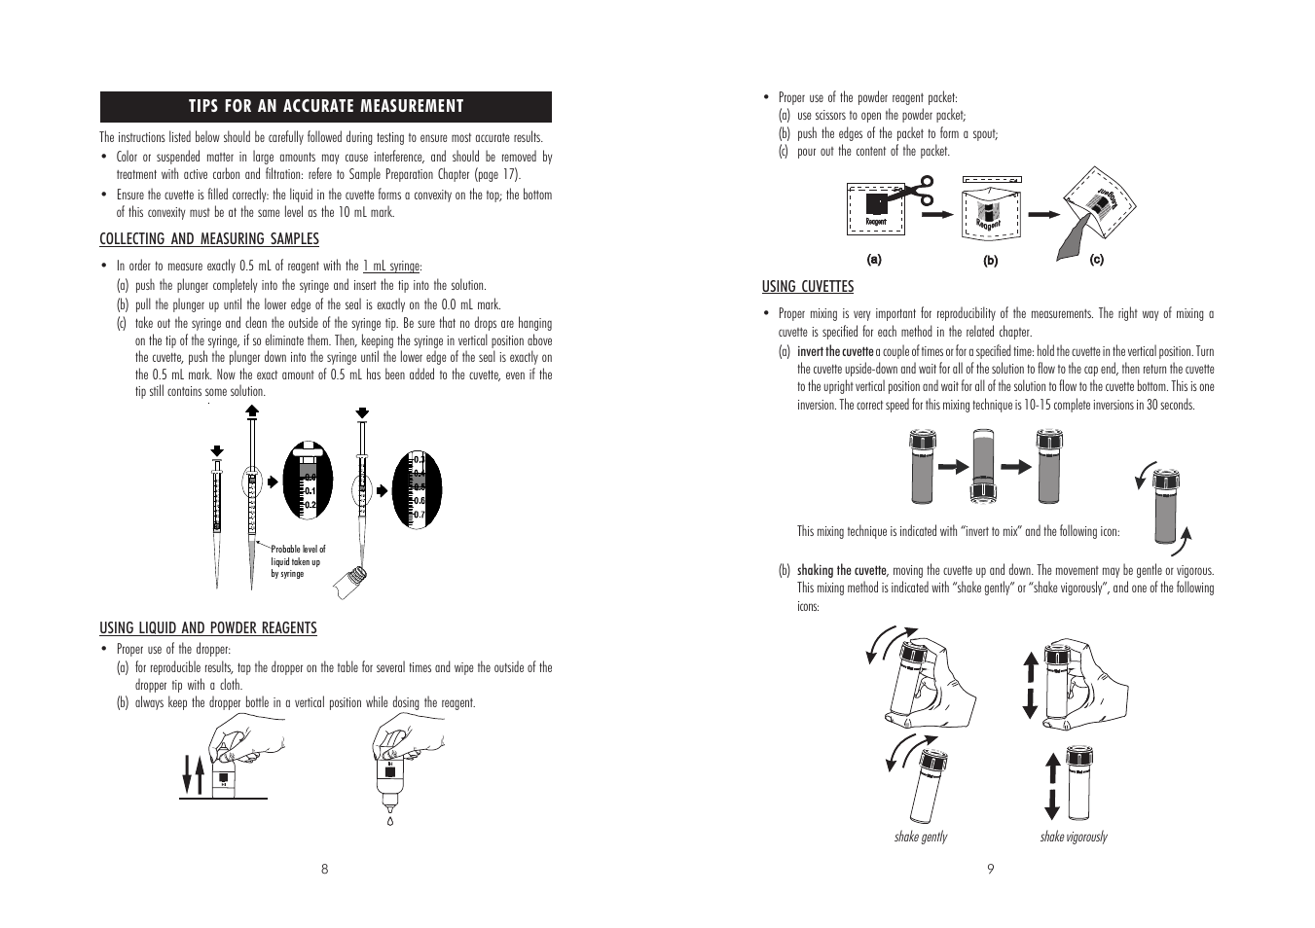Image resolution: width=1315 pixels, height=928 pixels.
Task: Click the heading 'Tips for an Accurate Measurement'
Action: pos(325,106)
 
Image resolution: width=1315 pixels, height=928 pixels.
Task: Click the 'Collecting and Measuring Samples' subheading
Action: pos(208,239)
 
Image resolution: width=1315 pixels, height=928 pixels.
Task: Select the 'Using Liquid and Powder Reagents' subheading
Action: pos(207,628)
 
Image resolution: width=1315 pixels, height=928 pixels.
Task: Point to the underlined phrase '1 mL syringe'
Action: pos(391,266)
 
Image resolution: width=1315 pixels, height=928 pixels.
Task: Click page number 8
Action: pos(325,870)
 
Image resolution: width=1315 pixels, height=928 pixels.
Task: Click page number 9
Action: pos(990,870)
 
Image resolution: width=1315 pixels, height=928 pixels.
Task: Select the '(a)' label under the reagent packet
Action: pos(874,259)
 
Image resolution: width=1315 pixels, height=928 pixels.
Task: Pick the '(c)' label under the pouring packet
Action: pos(1096,260)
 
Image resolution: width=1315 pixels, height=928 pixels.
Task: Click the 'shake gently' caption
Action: pos(920,837)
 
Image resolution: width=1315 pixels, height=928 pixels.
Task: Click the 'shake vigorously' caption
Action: pos(1073,837)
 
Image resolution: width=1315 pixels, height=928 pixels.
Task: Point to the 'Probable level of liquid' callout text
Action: pos(298,561)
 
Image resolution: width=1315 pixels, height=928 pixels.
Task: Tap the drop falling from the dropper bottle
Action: pos(389,820)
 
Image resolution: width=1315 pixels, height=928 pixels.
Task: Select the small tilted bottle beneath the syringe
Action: pos(349,582)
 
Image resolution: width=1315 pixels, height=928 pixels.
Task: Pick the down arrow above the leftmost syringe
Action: pos(217,451)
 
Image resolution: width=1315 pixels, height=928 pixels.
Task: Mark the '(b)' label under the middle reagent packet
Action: pos(990,260)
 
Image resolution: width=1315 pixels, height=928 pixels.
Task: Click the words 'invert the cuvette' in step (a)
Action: pos(835,351)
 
